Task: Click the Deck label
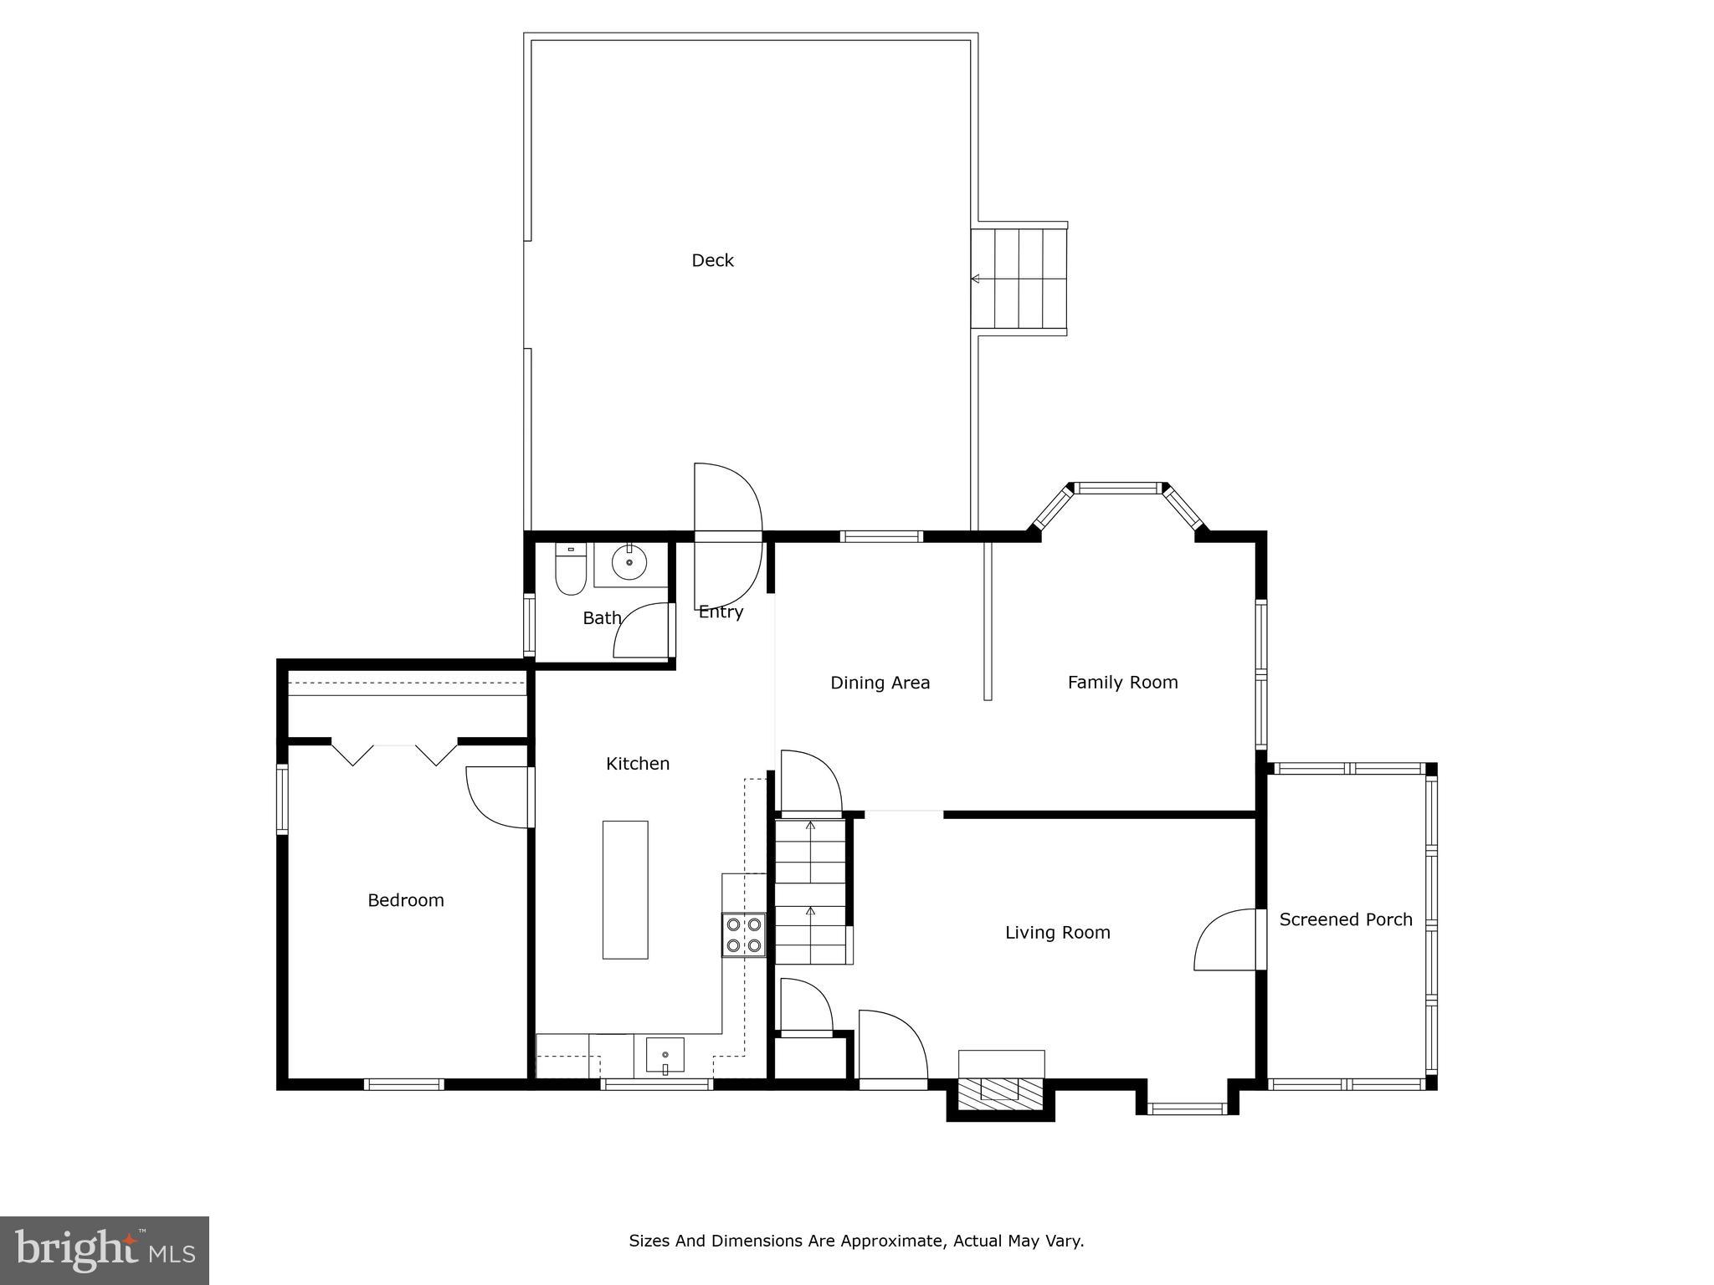(712, 260)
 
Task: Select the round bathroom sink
(629, 562)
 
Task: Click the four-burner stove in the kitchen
(744, 934)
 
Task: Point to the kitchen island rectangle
(625, 889)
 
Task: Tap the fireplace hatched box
(1001, 1090)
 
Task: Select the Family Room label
(1122, 683)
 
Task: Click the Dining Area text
(880, 683)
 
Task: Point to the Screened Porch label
(1345, 919)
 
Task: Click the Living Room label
(1057, 932)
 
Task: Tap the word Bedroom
(406, 900)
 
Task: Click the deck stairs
(1019, 279)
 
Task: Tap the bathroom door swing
(643, 631)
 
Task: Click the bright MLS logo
(105, 1251)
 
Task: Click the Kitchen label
(638, 764)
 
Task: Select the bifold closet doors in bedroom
(394, 753)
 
